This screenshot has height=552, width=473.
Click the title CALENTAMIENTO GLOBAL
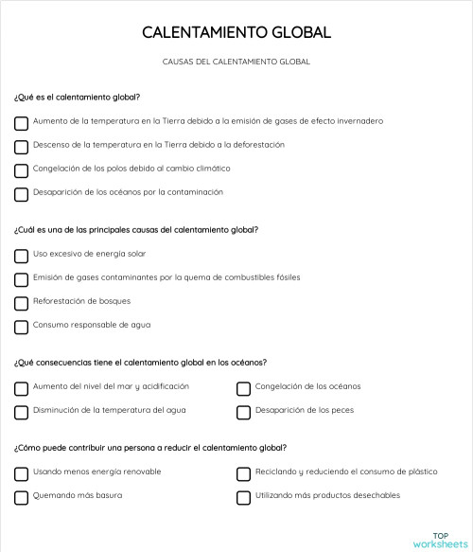[x=236, y=32]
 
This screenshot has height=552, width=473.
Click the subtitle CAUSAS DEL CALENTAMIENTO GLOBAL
[x=236, y=62]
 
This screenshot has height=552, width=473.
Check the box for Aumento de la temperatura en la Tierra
[x=22, y=122]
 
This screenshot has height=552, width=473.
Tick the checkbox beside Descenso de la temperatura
[x=22, y=147]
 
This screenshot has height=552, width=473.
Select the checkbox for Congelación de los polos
[x=22, y=170]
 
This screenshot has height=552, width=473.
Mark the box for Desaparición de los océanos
[x=22, y=194]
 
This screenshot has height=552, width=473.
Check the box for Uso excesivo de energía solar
[x=22, y=256]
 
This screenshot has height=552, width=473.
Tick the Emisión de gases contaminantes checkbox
[x=22, y=279]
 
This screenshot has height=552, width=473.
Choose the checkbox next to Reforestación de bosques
[x=22, y=303]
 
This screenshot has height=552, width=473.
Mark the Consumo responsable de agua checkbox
[x=22, y=327]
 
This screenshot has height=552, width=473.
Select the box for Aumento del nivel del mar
[x=22, y=388]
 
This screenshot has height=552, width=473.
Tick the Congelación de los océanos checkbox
[x=243, y=388]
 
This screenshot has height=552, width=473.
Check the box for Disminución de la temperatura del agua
[x=22, y=412]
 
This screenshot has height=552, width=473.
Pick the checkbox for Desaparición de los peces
[x=243, y=412]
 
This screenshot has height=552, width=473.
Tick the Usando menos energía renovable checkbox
[x=22, y=473]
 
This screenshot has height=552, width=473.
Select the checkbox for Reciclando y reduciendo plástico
[x=243, y=473]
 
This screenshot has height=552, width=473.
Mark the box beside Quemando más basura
[x=22, y=497]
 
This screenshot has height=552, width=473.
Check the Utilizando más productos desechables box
[x=243, y=497]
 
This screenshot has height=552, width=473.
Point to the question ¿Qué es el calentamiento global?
[x=78, y=97]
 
